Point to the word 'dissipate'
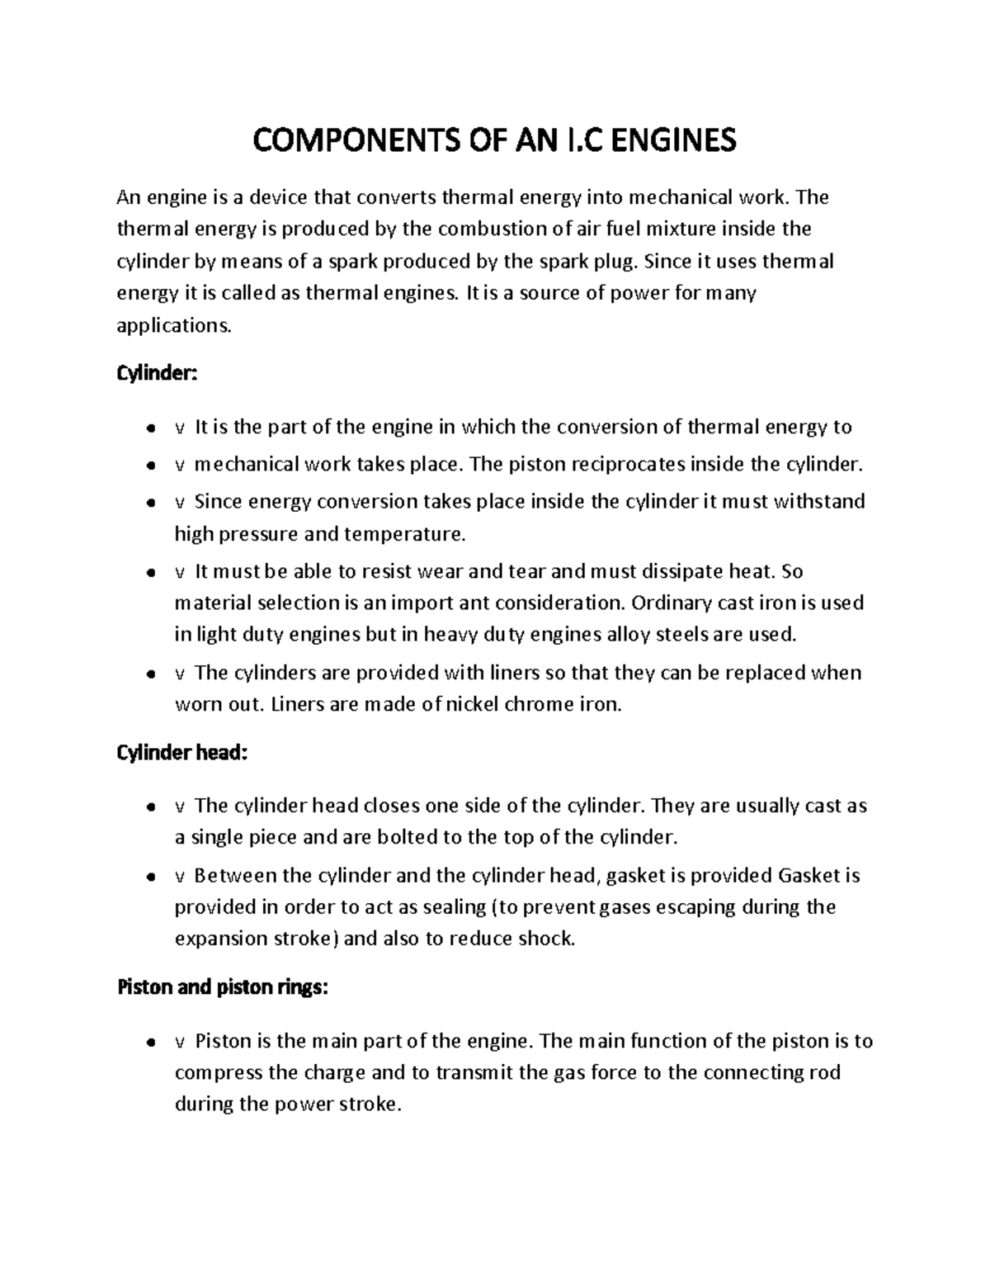(x=691, y=571)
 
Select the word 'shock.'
(x=544, y=939)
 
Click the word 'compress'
(x=219, y=1073)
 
